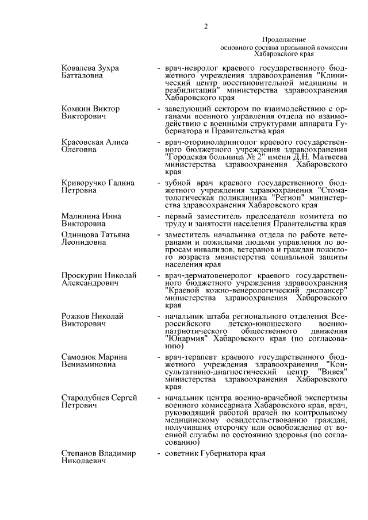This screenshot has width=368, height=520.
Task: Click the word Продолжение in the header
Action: coord(284,39)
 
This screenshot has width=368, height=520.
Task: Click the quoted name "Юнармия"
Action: coord(186,339)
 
